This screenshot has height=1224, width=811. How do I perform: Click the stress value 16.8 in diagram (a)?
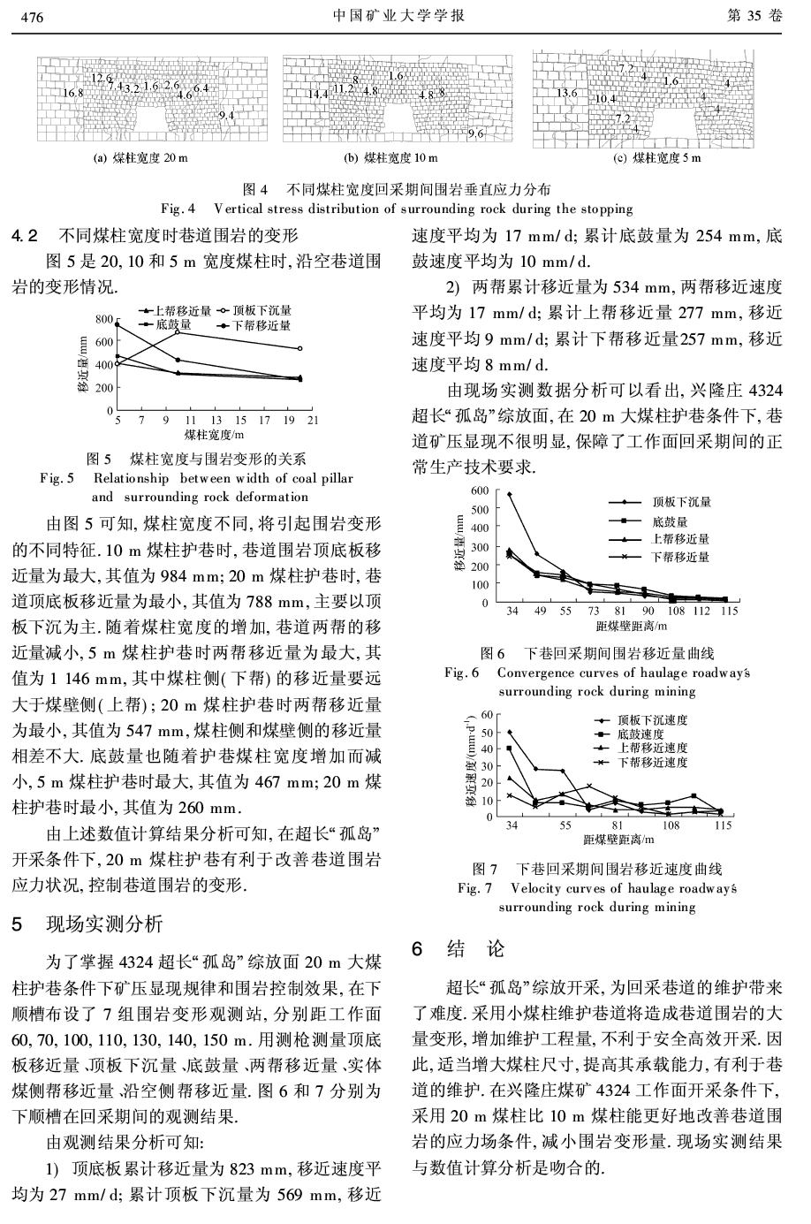(72, 93)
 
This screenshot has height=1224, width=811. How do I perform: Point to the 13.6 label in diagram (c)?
(566, 93)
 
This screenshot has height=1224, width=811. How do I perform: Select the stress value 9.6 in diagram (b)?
(475, 133)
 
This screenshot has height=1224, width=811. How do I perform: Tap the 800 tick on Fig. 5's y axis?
(104, 319)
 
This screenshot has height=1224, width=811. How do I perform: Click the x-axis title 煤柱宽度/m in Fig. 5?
(213, 435)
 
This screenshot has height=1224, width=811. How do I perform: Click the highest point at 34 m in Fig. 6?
(510, 494)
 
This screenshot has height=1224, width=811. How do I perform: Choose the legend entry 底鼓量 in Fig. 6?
(669, 521)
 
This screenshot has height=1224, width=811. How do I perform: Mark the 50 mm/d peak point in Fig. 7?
(510, 732)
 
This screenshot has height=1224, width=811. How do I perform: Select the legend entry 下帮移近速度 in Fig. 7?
(652, 761)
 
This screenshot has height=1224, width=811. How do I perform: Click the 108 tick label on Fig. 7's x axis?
(671, 825)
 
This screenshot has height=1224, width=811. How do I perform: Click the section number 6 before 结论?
(421, 948)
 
